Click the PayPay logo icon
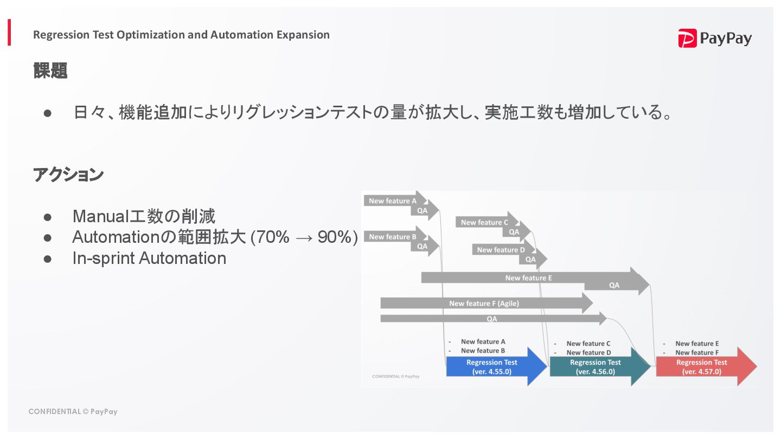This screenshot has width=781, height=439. pyautogui.click(x=687, y=38)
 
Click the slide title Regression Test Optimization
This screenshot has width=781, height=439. pyautogui.click(x=181, y=35)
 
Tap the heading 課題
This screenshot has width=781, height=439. pyautogui.click(x=50, y=70)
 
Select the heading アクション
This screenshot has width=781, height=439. pyautogui.click(x=68, y=175)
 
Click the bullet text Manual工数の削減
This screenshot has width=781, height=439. pyautogui.click(x=144, y=216)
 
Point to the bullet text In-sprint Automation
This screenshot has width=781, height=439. pyautogui.click(x=149, y=258)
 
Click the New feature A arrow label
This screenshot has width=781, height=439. pyautogui.click(x=393, y=201)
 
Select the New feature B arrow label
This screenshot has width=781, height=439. pyautogui.click(x=393, y=237)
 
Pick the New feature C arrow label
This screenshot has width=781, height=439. pyautogui.click(x=484, y=222)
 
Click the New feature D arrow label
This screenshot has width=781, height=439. pyautogui.click(x=501, y=250)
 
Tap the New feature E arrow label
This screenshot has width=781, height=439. pyautogui.click(x=528, y=278)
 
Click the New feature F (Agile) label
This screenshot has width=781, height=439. pyautogui.click(x=484, y=304)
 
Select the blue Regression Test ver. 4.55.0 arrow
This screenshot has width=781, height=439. pyautogui.click(x=491, y=367)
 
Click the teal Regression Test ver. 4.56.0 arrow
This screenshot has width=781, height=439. pyautogui.click(x=595, y=367)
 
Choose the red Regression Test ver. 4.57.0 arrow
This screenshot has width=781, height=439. pyautogui.click(x=701, y=367)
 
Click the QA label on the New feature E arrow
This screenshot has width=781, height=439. pyautogui.click(x=614, y=285)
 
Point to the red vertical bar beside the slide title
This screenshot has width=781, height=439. pyautogui.click(x=9, y=33)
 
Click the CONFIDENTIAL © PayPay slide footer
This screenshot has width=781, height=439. pyautogui.click(x=73, y=411)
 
